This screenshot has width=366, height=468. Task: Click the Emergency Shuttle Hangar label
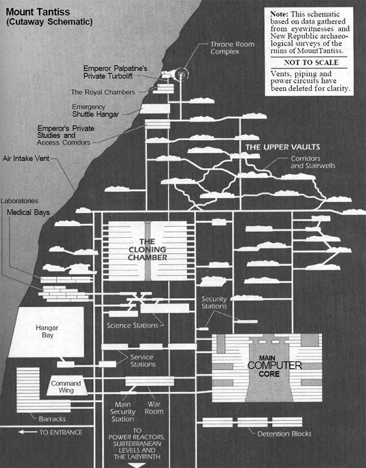tap(96, 110)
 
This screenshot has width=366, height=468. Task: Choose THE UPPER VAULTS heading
tap(282, 147)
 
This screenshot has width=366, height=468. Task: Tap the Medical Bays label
tap(29, 212)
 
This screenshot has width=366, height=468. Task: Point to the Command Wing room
tap(62, 387)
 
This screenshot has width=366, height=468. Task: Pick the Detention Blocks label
tap(284, 434)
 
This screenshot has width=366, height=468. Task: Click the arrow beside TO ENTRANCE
tap(27, 432)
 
